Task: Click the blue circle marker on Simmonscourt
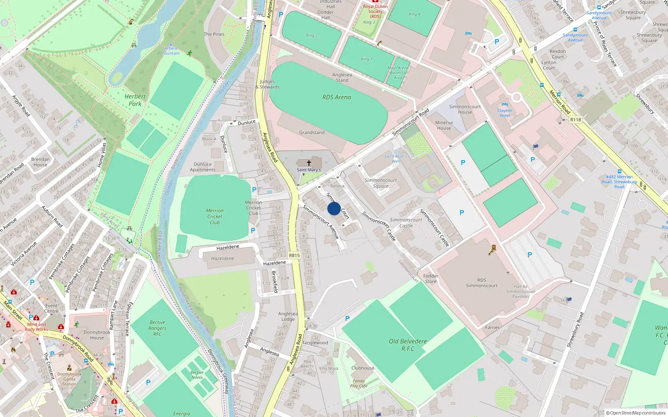(x=334, y=208)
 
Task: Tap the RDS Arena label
(x=337, y=97)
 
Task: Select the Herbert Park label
(x=135, y=100)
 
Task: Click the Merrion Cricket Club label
(x=215, y=216)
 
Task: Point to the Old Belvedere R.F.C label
(x=408, y=345)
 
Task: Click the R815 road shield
(x=294, y=255)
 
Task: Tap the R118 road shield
(x=575, y=120)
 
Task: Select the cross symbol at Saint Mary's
(x=309, y=163)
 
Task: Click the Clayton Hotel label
(x=505, y=113)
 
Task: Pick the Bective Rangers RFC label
(x=157, y=328)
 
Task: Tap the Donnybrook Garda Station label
(x=69, y=379)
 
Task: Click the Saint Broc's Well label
(x=396, y=158)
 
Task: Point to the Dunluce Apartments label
(x=202, y=167)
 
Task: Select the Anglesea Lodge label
(x=288, y=317)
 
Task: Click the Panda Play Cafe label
(x=359, y=383)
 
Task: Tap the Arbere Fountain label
(x=171, y=51)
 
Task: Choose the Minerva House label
(x=444, y=125)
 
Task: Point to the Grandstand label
(x=311, y=133)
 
